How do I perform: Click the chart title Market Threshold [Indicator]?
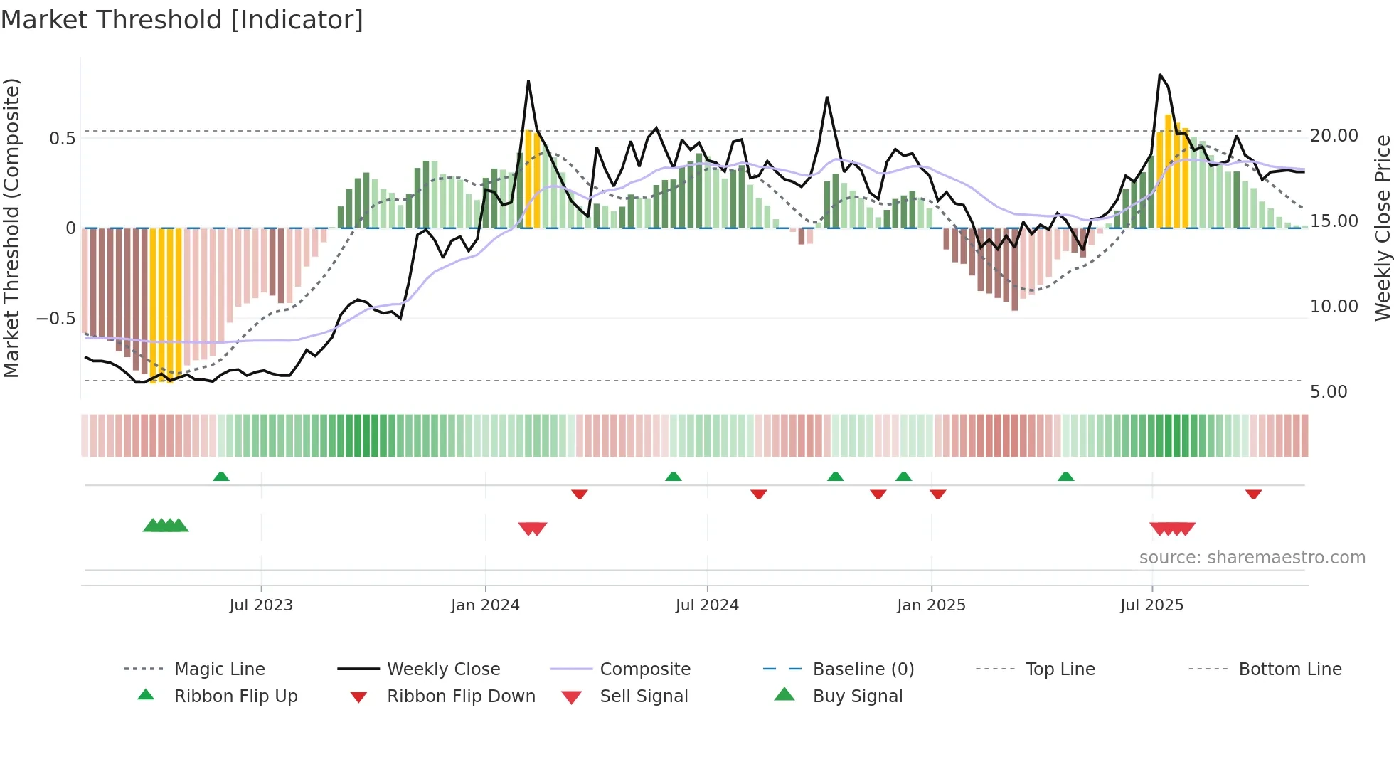point(182,20)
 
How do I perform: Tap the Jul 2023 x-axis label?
point(261,605)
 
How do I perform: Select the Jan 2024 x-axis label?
point(485,605)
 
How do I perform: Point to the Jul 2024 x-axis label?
point(707,605)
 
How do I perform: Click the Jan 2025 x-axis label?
point(931,605)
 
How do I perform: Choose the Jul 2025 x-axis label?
point(1151,605)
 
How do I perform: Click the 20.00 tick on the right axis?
point(1334,136)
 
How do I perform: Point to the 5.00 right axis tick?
point(1328,392)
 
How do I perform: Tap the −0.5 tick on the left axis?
point(55,318)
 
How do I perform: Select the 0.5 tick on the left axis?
point(62,138)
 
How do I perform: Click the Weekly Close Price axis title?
point(1382,228)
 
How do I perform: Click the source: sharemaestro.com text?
point(1252,558)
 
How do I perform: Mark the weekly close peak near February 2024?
point(528,82)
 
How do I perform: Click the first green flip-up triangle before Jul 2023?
point(221,477)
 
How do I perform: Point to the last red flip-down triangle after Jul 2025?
point(1253,494)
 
